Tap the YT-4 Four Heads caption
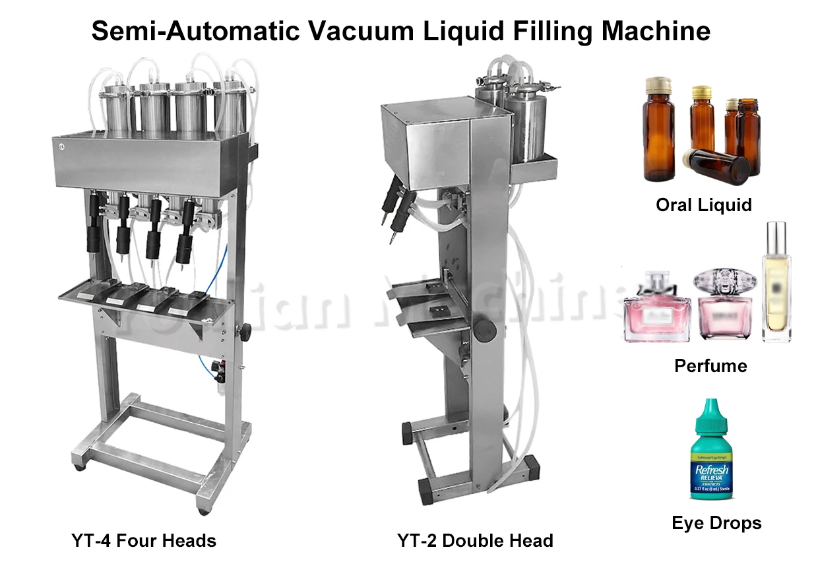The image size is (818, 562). (144, 542)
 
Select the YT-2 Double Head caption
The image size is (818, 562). (475, 542)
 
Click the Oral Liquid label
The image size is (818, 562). (703, 205)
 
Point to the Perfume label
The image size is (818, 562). (710, 366)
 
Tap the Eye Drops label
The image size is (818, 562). (716, 524)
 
